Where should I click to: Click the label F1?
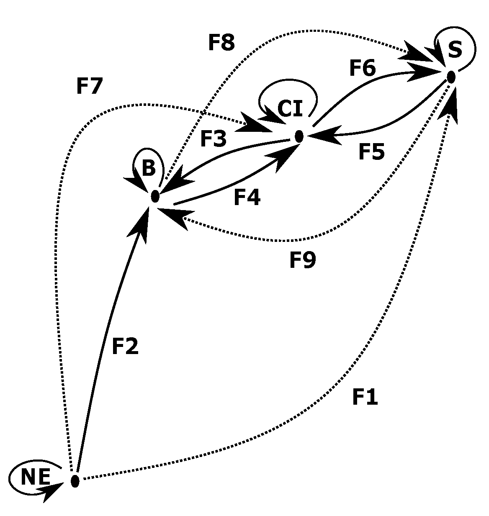[x=365, y=397]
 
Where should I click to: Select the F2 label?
[x=125, y=346]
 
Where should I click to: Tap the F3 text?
[x=213, y=139]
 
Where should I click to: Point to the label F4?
[x=247, y=198]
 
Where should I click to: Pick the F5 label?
[x=371, y=151]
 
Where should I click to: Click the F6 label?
[x=363, y=68]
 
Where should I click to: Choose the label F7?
[x=89, y=86]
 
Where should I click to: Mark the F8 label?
[x=221, y=42]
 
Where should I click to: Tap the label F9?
[x=303, y=260]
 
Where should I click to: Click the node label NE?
[x=36, y=477]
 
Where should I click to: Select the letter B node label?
[x=149, y=169]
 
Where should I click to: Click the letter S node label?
[x=455, y=49]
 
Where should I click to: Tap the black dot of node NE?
[x=75, y=481]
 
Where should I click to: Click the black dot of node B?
[x=155, y=196]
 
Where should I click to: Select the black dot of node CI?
[x=299, y=136]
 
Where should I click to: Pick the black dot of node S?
[x=451, y=77]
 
